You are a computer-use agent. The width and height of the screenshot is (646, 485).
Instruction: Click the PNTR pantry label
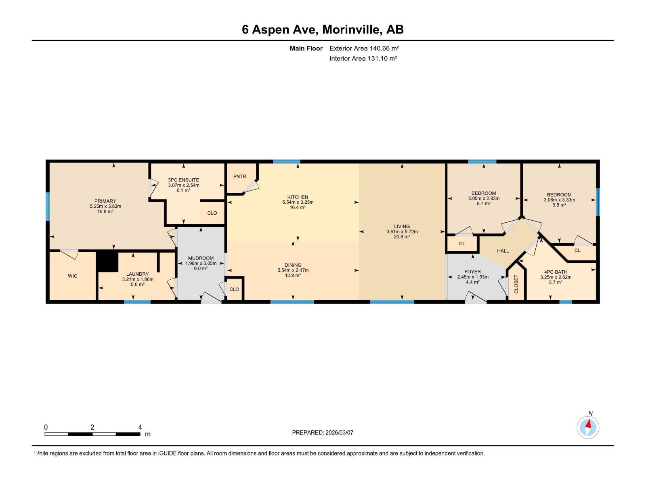click(240, 176)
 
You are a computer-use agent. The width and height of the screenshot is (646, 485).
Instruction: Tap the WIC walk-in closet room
click(73, 276)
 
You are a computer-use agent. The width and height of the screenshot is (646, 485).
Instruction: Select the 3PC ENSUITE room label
click(184, 180)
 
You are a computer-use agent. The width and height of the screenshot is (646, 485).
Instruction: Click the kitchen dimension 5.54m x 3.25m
click(298, 202)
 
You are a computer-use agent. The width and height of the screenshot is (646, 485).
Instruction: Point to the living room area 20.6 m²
click(402, 237)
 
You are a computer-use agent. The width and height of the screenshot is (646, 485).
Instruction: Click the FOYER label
click(472, 272)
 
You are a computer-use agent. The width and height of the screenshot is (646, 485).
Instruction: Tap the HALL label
click(503, 251)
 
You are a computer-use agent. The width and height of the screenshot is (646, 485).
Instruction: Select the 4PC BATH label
click(556, 272)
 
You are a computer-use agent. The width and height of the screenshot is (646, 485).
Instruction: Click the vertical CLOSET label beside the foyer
click(516, 284)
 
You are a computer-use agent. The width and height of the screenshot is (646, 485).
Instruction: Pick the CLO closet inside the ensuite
click(212, 213)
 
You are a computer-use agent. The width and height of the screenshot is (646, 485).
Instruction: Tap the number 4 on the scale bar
click(140, 427)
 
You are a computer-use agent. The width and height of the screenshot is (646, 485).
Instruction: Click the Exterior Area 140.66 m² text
click(364, 48)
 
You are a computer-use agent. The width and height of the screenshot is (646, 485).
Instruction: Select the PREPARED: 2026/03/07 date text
click(323, 432)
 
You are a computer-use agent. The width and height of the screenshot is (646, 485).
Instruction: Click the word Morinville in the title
click(351, 30)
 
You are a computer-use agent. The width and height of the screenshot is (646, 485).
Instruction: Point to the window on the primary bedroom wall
click(48, 207)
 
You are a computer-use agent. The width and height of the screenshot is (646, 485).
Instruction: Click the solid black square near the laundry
click(107, 261)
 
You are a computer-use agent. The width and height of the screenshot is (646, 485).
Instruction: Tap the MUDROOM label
click(201, 258)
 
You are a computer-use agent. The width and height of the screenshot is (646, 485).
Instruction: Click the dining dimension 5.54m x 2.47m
click(293, 270)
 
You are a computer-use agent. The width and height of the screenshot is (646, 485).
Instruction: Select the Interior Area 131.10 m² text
click(363, 58)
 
